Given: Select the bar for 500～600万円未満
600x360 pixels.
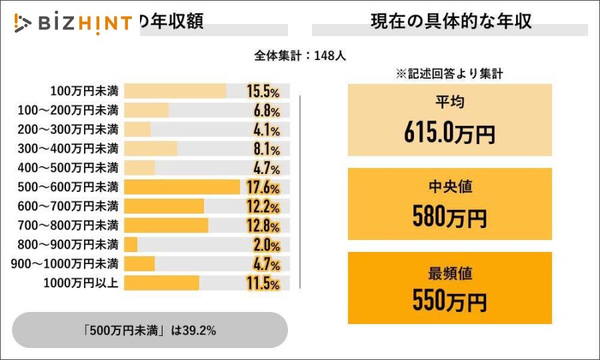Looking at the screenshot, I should [x=181, y=187].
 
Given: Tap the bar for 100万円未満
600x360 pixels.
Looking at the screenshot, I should [x=175, y=91].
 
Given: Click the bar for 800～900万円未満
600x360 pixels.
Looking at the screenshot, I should [x=131, y=245].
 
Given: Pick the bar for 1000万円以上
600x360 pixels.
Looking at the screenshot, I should [x=161, y=283].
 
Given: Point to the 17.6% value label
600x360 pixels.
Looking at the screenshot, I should [x=263, y=187].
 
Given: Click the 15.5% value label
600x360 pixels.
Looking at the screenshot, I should [x=263, y=91].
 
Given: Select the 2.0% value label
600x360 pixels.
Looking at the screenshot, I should [x=266, y=245].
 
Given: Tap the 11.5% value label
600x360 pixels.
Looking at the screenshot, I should [x=263, y=284].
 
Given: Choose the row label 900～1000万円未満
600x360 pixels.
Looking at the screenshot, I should [x=64, y=263].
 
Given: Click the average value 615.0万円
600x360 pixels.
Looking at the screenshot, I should [x=449, y=134].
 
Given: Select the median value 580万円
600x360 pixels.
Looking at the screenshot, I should [x=449, y=217].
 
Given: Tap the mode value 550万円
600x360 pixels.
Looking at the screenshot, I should [x=449, y=302].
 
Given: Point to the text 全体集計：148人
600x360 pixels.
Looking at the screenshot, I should [x=300, y=56].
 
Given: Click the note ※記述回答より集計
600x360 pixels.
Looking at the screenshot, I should [x=449, y=74].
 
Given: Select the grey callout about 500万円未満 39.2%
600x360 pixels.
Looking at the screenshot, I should [x=150, y=330].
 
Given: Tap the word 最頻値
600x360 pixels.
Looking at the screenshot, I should [x=449, y=273].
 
